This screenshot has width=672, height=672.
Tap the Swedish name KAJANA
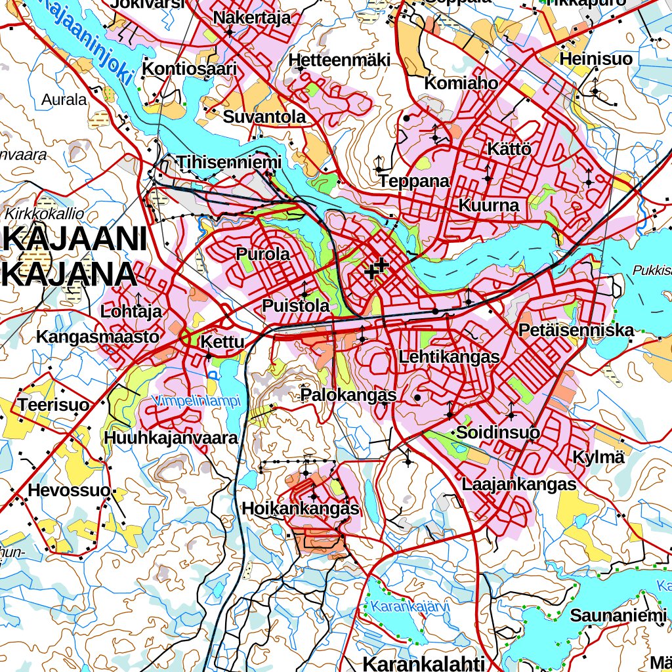(x=69, y=275)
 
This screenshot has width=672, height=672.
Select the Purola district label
(x=262, y=254)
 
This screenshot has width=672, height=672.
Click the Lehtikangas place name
(x=449, y=357)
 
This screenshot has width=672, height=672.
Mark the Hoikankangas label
(x=301, y=509)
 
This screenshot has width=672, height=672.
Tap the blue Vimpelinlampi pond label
(x=196, y=400)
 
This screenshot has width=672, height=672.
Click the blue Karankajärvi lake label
(x=409, y=606)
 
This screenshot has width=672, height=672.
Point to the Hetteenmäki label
(x=339, y=60)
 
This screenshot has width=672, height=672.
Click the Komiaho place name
(x=461, y=83)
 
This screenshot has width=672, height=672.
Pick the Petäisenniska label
(x=576, y=329)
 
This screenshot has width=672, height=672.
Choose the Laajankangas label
(x=518, y=484)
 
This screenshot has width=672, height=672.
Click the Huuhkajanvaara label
(x=170, y=437)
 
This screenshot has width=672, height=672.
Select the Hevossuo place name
(x=68, y=490)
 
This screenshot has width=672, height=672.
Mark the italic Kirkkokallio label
(x=45, y=213)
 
